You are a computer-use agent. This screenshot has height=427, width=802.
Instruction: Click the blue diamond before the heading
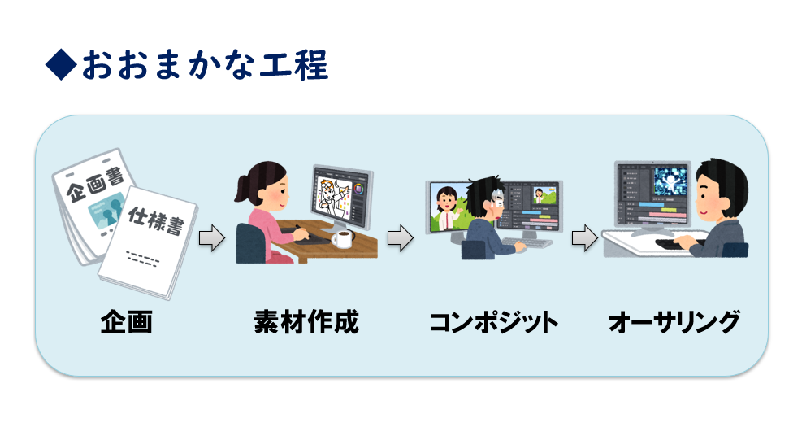62,64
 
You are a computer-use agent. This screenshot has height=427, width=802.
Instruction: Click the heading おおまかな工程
205,65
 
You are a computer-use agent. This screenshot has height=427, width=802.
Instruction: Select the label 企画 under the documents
126,322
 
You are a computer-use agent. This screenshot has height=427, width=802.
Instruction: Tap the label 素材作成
306,322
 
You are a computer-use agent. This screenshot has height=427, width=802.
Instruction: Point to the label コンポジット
493,323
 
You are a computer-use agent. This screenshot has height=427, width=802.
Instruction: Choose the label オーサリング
674,323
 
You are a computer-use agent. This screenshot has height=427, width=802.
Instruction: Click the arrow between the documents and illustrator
211,238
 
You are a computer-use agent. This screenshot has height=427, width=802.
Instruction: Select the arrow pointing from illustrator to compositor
400,238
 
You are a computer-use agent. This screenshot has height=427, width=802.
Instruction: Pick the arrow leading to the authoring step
584,238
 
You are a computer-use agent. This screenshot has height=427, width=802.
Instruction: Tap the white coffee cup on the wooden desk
342,238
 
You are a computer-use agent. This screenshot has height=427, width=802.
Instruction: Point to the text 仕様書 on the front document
155,220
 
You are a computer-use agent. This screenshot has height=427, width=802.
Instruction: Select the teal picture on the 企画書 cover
107,208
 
